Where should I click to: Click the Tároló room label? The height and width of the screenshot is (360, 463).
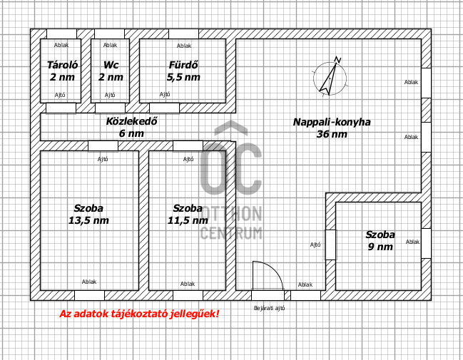click(62, 65)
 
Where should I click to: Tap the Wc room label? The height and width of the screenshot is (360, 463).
click(111, 65)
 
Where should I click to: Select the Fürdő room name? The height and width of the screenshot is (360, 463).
click(183, 65)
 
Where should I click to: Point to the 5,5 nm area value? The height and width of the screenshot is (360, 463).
click(183, 77)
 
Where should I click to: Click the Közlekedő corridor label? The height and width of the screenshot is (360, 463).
click(132, 121)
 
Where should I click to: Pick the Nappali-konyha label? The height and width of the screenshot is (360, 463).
click(332, 122)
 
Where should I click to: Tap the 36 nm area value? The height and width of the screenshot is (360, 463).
click(332, 134)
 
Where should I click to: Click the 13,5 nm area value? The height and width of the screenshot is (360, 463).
click(88, 220)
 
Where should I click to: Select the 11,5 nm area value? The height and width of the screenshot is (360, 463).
click(188, 220)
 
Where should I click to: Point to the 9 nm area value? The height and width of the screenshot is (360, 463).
click(380, 247)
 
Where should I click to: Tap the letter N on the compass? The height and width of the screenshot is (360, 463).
click(338, 59)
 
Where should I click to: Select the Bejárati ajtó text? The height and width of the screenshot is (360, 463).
click(269, 308)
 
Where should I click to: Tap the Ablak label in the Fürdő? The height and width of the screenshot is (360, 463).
click(184, 46)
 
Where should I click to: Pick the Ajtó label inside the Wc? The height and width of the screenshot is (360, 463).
click(110, 95)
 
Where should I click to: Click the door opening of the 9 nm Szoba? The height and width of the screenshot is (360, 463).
click(331, 245)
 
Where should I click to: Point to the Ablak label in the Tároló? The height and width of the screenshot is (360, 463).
click(61, 45)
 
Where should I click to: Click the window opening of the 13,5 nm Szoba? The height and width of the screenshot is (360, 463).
click(89, 295)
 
